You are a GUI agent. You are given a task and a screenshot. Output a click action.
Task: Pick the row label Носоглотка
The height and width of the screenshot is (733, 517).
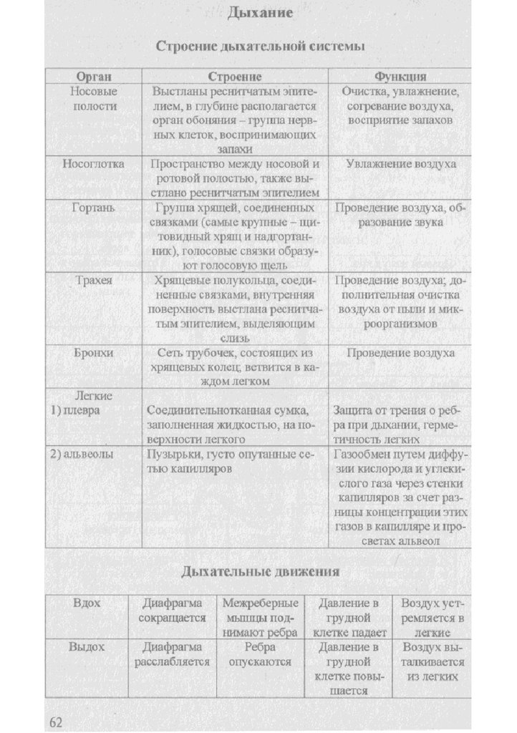(93, 164)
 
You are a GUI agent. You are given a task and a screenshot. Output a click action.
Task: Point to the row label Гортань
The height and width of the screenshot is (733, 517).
(94, 208)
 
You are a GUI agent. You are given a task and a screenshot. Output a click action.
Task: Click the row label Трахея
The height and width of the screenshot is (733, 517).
(94, 281)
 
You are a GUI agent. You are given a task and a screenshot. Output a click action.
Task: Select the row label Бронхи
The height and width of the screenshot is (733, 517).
(94, 353)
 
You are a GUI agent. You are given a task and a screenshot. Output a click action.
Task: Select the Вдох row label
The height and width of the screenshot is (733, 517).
(87, 603)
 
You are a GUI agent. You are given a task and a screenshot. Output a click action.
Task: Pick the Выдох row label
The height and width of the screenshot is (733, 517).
(87, 647)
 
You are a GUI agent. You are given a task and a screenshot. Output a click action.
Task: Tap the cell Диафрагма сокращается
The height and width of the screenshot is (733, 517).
(172, 611)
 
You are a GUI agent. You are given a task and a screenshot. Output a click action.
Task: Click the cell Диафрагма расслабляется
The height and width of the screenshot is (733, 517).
(172, 654)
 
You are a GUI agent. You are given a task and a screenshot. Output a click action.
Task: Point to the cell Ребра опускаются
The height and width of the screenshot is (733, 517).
(260, 654)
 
